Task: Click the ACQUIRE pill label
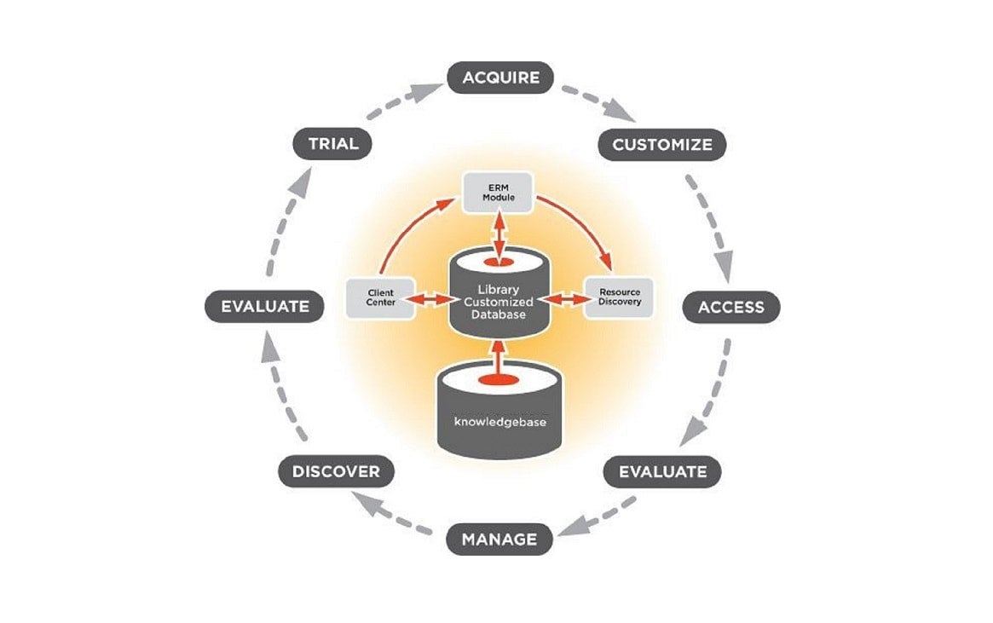500,78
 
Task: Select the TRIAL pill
333,143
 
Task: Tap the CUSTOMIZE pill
662,144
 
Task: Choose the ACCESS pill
730,307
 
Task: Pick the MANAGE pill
499,539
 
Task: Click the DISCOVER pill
336,471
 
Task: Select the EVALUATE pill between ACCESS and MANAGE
662,470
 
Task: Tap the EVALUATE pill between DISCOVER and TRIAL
264,307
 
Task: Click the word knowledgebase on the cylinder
499,422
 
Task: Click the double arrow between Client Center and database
430,299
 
